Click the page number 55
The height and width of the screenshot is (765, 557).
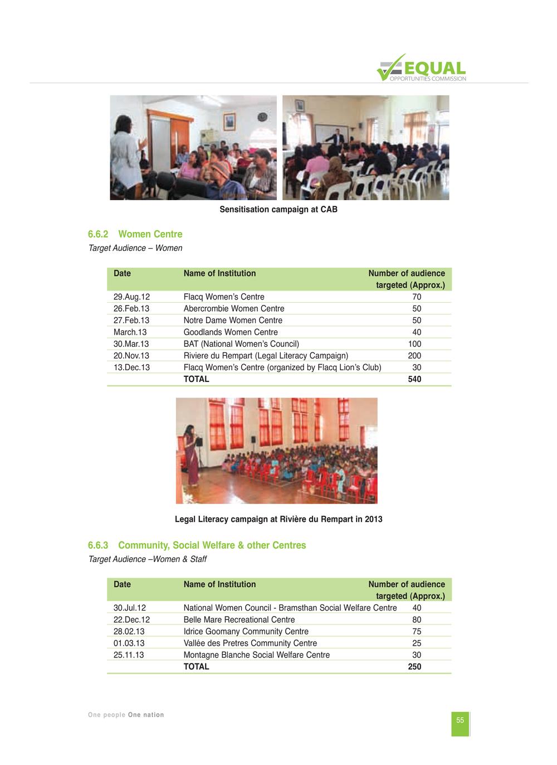click(x=460, y=720)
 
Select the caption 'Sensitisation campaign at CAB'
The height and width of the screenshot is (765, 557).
click(x=278, y=210)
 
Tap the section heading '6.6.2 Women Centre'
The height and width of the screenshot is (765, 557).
click(x=135, y=234)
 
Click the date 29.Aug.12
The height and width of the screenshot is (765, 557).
click(x=131, y=297)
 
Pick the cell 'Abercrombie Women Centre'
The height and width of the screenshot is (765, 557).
click(x=234, y=309)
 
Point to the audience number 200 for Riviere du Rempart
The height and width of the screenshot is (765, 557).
click(x=414, y=356)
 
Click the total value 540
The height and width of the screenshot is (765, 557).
click(x=414, y=379)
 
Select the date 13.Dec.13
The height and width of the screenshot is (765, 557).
click(x=131, y=367)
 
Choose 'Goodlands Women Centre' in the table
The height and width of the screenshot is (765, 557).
click(x=231, y=332)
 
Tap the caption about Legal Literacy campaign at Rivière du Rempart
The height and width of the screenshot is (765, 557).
click(x=278, y=520)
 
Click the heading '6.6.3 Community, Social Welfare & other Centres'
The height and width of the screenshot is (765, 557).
click(x=197, y=545)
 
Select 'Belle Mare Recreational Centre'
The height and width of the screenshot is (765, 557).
click(x=240, y=620)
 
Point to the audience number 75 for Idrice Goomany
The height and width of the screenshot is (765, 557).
click(x=417, y=632)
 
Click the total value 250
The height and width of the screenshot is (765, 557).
click(x=414, y=667)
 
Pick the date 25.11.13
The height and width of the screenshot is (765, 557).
click(x=129, y=655)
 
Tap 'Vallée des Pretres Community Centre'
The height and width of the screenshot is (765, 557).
click(x=250, y=643)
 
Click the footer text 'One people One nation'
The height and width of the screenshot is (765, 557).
click(x=126, y=715)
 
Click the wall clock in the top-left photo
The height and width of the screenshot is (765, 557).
click(x=262, y=117)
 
